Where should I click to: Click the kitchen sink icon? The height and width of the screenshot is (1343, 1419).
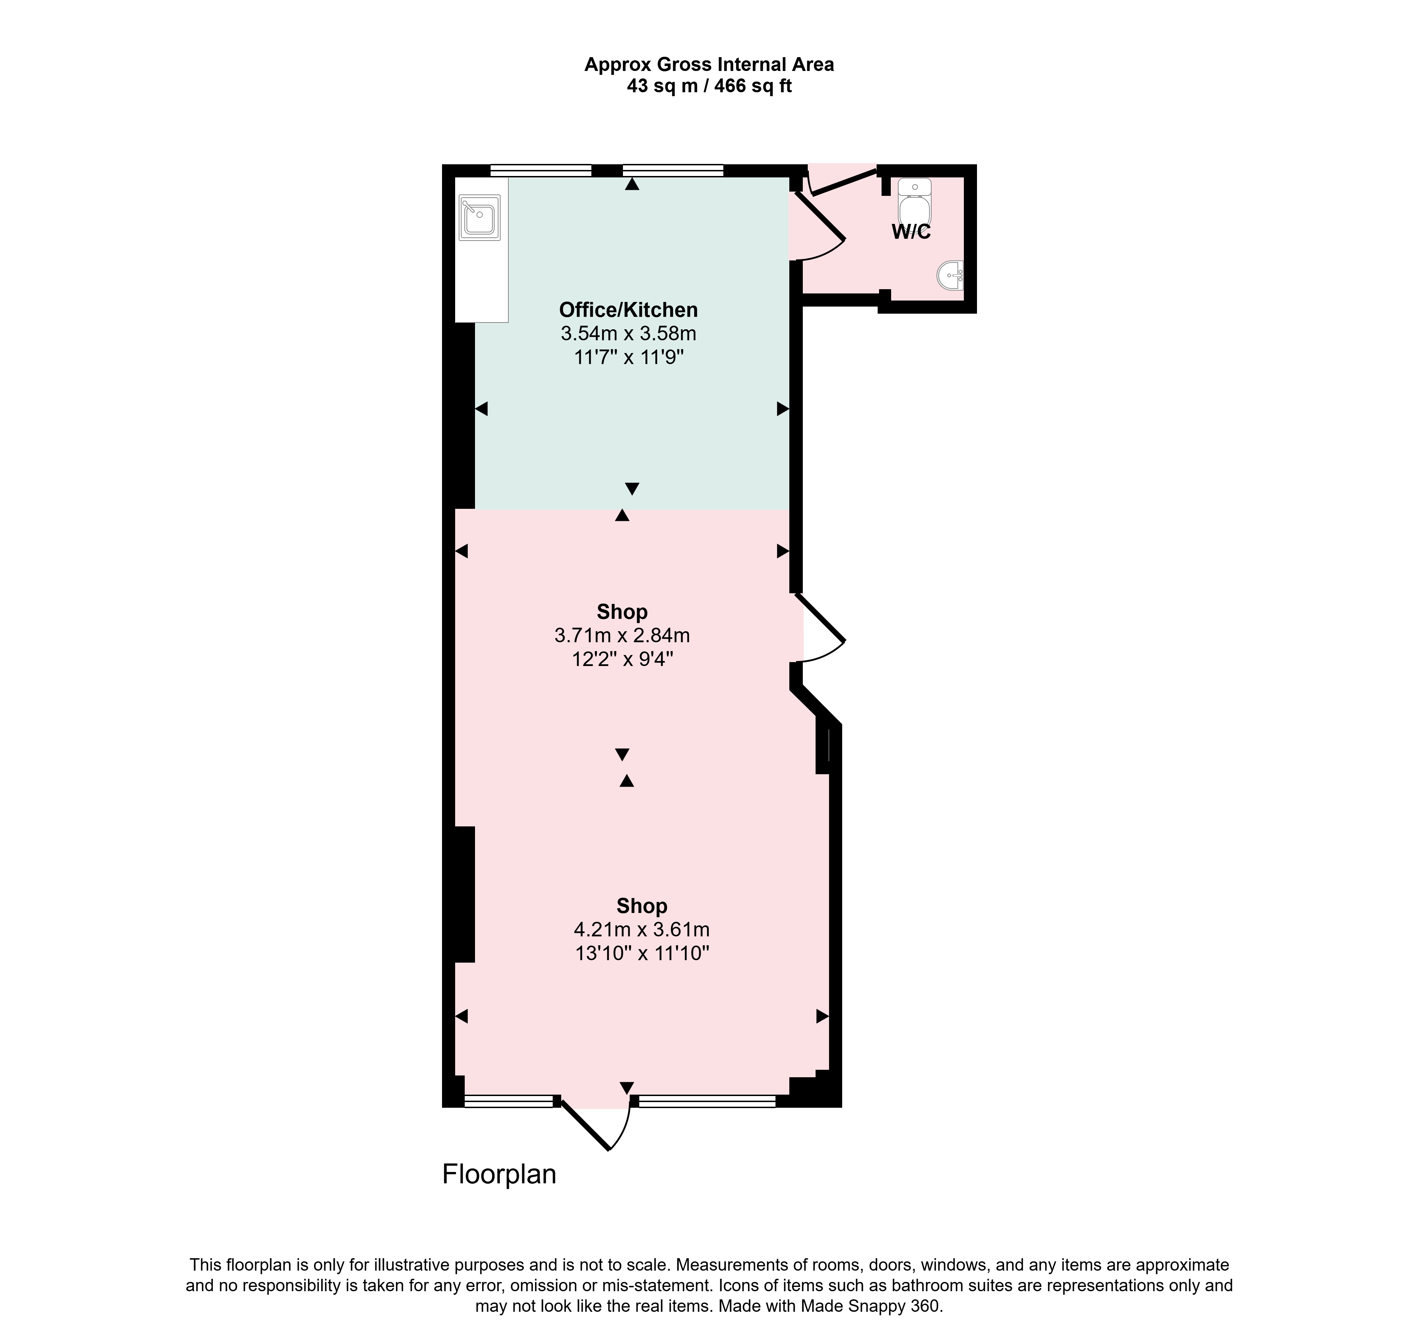[479, 216]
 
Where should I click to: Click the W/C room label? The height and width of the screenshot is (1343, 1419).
[911, 232]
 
